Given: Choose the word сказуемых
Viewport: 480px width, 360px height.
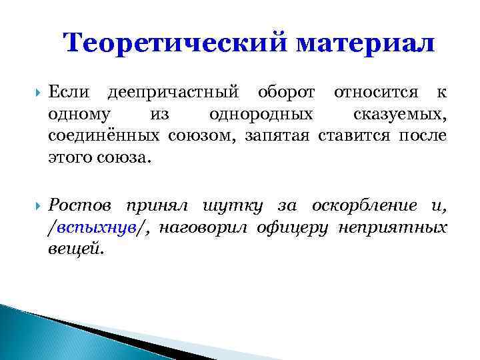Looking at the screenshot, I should pyautogui.click(x=400, y=114).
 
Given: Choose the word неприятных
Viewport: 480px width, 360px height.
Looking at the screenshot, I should pyautogui.click(x=393, y=227).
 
